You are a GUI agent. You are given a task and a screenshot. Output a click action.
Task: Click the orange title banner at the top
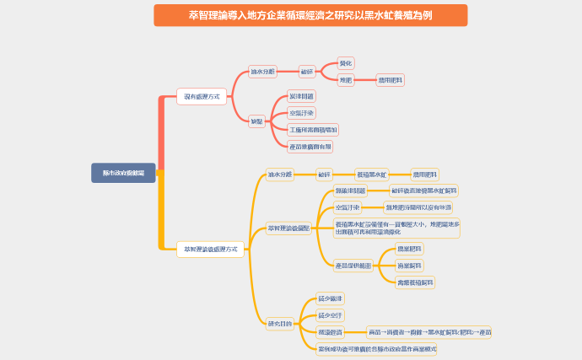pyautogui.click(x=310, y=14)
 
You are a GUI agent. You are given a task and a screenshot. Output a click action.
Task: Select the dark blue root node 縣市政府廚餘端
pyautogui.click(x=123, y=172)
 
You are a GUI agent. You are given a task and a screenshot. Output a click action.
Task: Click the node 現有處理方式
pyautogui.click(x=202, y=97)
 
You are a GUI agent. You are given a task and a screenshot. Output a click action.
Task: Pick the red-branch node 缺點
pyautogui.click(x=256, y=121)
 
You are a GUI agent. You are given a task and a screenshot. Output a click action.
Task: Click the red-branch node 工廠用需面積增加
pyautogui.click(x=313, y=130)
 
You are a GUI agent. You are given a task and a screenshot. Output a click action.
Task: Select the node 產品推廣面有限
pyautogui.click(x=310, y=147)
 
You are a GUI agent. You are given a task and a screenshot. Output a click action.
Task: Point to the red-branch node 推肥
pyautogui.click(x=346, y=80)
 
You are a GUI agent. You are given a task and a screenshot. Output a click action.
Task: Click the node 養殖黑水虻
pyautogui.click(x=372, y=175)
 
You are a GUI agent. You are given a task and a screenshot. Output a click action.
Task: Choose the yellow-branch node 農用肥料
pyautogui.click(x=425, y=175)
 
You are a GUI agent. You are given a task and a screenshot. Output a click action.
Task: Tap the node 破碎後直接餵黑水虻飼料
pyautogui.click(x=424, y=191)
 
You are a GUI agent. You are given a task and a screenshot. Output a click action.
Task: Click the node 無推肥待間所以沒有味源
pyautogui.click(x=418, y=207)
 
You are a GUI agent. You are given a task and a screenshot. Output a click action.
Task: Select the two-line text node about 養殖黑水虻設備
pyautogui.click(x=396, y=228)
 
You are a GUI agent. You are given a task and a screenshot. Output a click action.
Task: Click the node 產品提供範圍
pyautogui.click(x=353, y=266)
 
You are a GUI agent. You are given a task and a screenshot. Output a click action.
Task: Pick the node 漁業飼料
pyautogui.click(x=409, y=266)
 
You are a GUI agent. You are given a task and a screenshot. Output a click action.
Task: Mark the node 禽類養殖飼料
pyautogui.click(x=416, y=282)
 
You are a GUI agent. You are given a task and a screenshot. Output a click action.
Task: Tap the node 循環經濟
pyautogui.click(x=330, y=332)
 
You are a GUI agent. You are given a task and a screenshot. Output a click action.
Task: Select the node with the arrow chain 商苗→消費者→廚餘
pyautogui.click(x=429, y=332)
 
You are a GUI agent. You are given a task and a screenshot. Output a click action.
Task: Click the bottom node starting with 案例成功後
pyautogui.click(x=377, y=348)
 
